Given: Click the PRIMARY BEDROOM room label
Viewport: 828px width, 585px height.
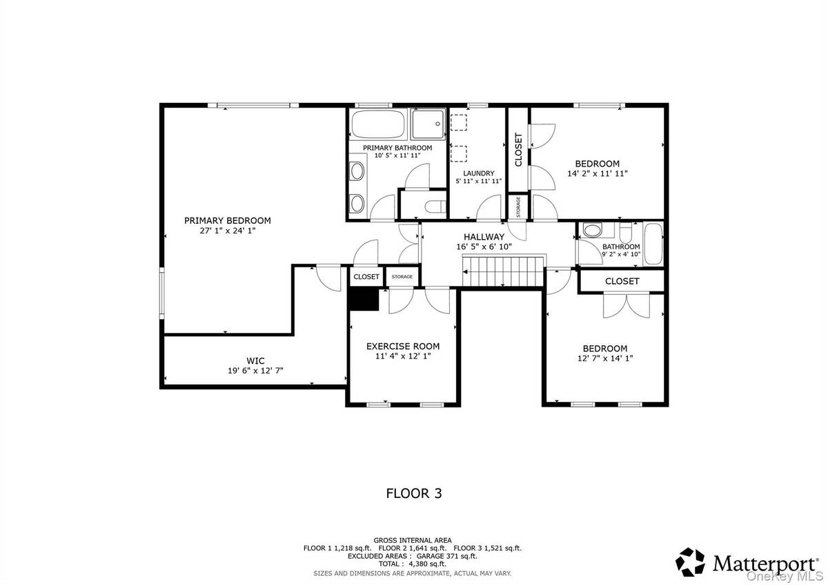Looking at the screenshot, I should tap(227, 220).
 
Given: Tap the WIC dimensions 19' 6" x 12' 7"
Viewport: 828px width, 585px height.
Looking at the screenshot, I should tap(255, 371).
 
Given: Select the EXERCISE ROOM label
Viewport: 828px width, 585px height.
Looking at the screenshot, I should tap(402, 346).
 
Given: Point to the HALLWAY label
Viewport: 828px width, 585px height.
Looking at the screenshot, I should tap(484, 236).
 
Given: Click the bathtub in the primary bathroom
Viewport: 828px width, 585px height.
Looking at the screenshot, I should tap(378, 125).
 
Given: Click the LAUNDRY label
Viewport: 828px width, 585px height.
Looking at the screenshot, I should tap(478, 173).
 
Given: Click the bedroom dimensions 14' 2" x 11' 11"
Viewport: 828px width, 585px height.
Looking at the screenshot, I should tap(597, 174).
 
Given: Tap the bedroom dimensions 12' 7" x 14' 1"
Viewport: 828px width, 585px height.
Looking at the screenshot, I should tap(604, 358).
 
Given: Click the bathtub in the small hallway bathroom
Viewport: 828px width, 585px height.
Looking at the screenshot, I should tap(653, 244).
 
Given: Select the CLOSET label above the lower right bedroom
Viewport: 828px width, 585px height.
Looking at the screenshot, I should tap(622, 281).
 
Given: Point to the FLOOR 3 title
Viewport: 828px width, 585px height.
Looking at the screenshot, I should tap(413, 493).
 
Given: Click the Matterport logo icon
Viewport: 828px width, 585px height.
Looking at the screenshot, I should tap(691, 562).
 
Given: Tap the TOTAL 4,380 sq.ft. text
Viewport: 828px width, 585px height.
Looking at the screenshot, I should tap(413, 564).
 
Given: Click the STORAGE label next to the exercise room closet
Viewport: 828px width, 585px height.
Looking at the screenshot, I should tap(402, 277).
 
